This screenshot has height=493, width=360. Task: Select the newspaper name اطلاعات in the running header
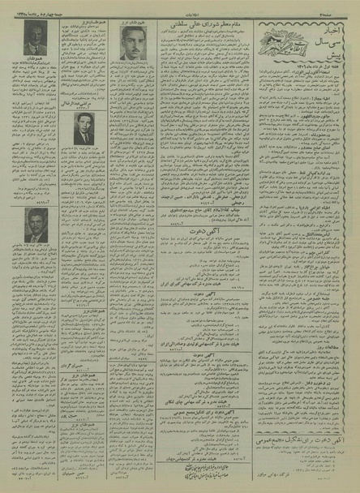(x=182, y=8)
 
